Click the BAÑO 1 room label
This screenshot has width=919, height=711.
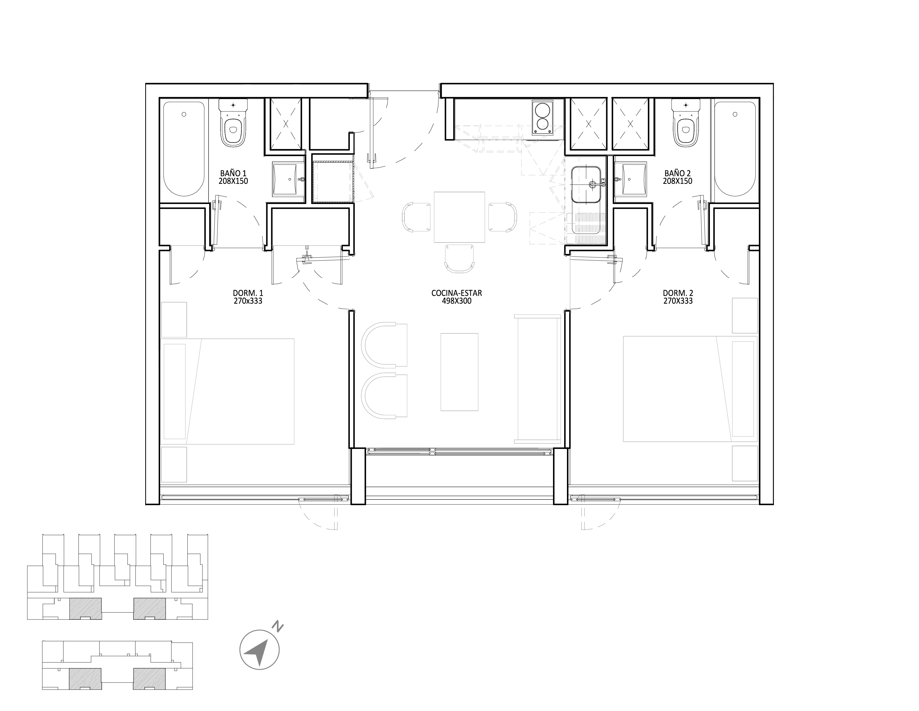tap(233, 173)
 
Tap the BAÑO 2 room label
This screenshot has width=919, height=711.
tap(677, 173)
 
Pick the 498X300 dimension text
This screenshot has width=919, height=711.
tap(457, 301)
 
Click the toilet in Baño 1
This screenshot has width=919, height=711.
tap(233, 123)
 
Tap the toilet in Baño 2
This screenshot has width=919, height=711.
tap(686, 123)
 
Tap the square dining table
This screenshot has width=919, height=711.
tap(459, 217)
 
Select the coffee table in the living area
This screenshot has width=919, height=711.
tap(459, 372)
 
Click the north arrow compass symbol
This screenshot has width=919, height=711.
tap(260, 650)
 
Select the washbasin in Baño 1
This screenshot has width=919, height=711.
tap(288, 179)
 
